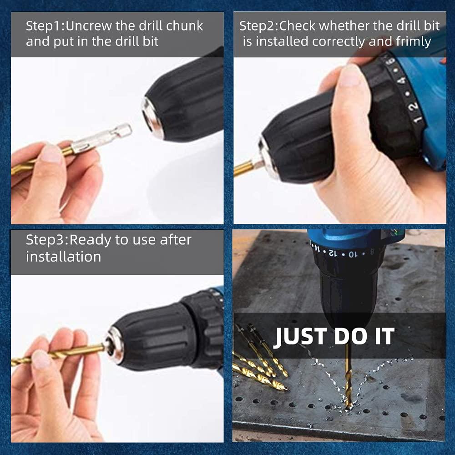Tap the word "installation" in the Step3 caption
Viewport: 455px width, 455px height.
(x=64, y=257)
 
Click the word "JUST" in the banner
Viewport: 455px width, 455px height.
(x=300, y=336)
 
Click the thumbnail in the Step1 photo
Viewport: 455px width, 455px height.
(x=51, y=153)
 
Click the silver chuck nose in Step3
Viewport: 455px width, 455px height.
(x=114, y=345)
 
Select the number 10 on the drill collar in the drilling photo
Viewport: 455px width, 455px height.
(x=351, y=254)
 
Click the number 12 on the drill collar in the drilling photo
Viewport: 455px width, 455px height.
(x=333, y=253)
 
